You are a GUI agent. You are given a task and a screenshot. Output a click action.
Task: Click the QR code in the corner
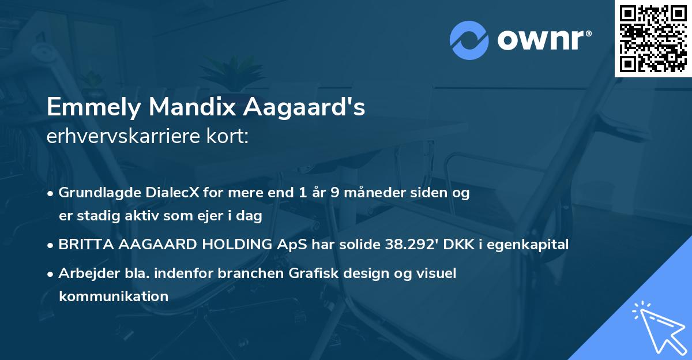point(653,39)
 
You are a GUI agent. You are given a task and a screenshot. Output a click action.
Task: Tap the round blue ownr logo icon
point(469,40)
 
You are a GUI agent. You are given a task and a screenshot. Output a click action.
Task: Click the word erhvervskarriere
point(118,136)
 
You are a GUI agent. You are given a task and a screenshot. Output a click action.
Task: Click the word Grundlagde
point(93,193)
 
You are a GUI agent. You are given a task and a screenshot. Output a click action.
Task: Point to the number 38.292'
point(412,244)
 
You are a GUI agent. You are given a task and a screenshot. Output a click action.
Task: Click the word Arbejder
point(84,273)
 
